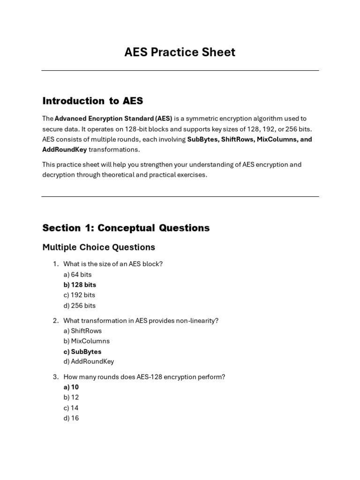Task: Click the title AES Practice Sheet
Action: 180,52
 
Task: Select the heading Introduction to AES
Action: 92,101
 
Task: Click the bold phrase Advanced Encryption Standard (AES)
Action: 113,119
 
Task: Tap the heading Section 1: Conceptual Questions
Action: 126,228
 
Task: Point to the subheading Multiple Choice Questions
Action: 98,247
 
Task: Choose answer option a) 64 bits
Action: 77,274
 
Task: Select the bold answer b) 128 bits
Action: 80,285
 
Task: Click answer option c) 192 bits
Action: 79,295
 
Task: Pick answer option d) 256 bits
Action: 79,306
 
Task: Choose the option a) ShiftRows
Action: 82,330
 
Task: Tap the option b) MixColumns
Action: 86,341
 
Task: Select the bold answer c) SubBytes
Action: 82,352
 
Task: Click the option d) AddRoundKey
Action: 89,361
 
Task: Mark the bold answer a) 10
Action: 71,387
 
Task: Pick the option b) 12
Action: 71,397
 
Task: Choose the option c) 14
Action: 71,408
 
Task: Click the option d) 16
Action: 71,418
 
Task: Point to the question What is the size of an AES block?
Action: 113,264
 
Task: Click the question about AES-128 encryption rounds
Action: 144,377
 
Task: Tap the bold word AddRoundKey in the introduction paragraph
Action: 64,150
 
